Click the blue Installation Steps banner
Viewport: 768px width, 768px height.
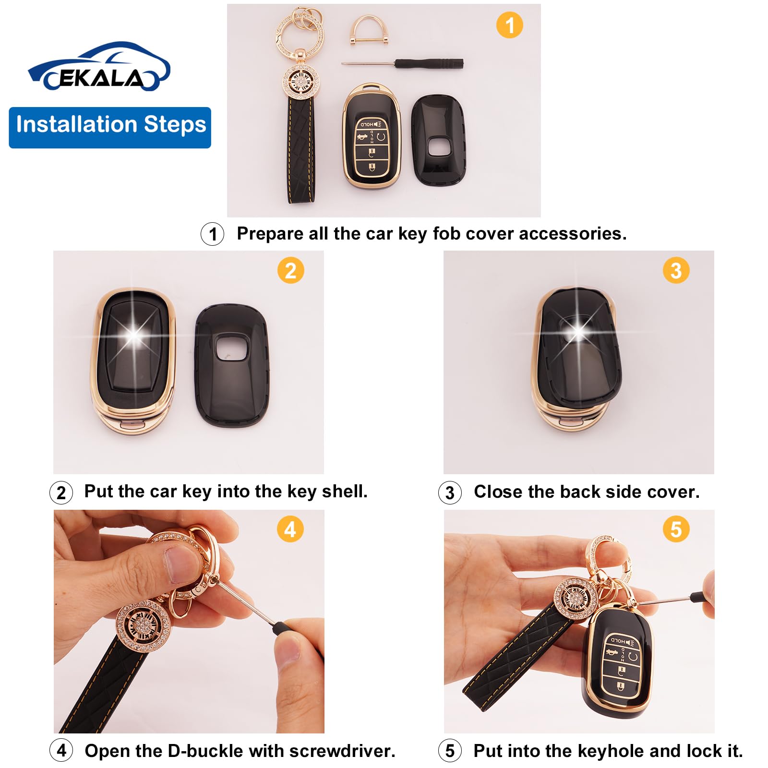(x=110, y=127)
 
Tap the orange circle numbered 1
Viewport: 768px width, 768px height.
(x=509, y=25)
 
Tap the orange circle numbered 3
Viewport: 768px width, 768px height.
(x=676, y=270)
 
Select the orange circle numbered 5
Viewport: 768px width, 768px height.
(x=676, y=529)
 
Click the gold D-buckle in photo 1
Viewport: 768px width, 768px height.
(x=369, y=30)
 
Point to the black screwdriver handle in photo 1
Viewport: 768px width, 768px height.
(x=429, y=63)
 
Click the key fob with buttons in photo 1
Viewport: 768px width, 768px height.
(x=371, y=137)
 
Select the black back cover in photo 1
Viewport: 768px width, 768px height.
(x=439, y=140)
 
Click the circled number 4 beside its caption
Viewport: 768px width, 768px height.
(x=61, y=750)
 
